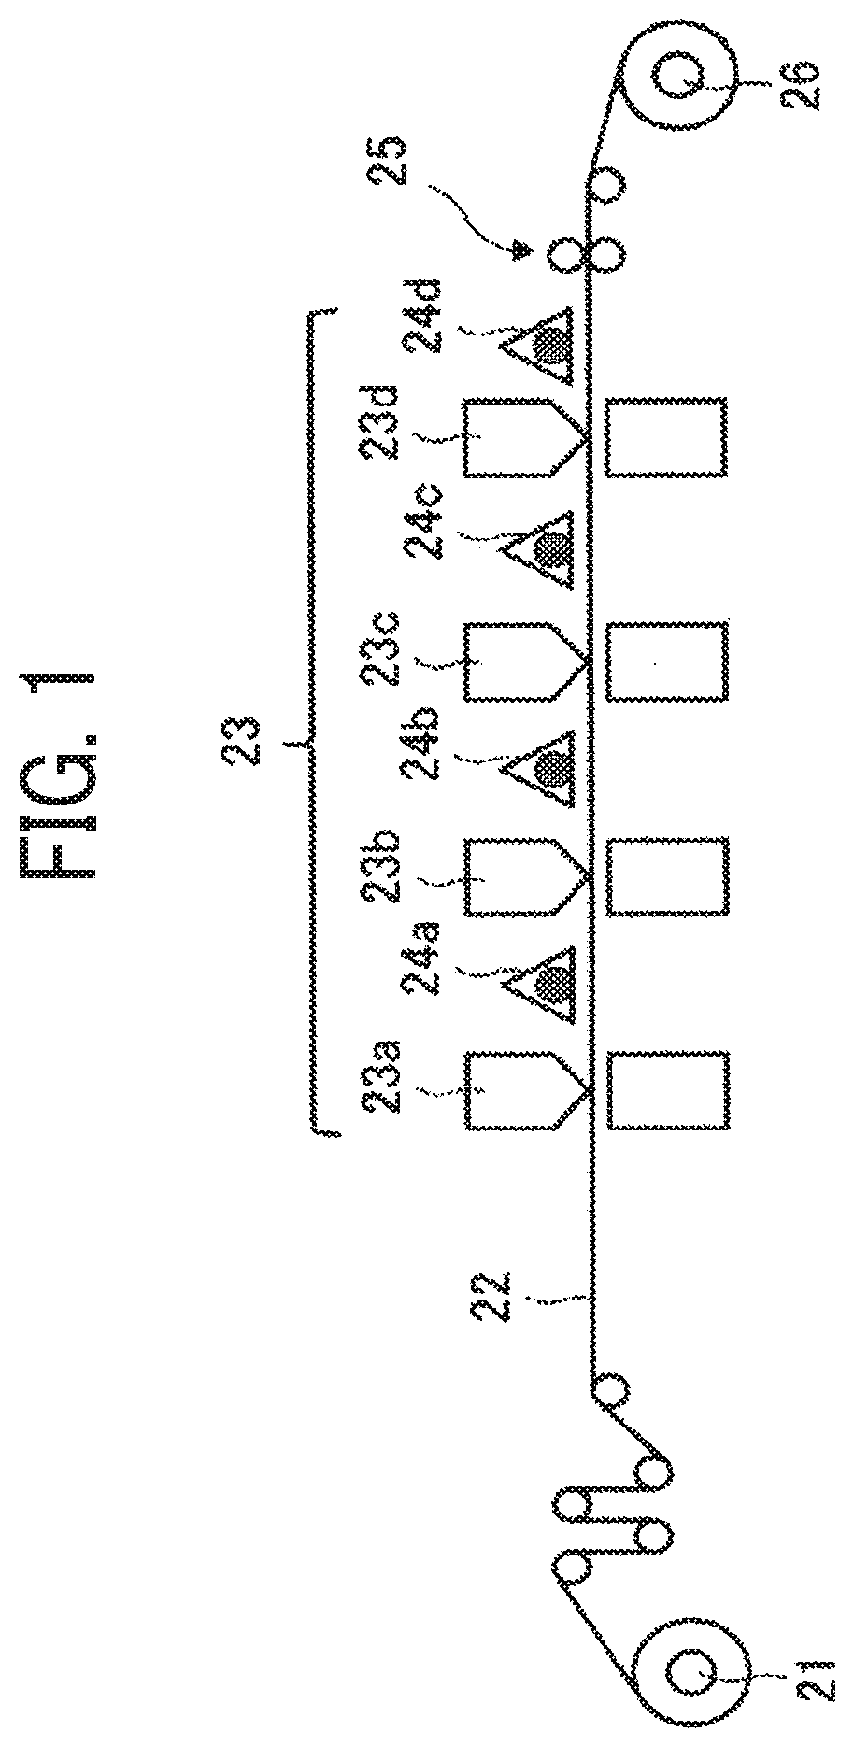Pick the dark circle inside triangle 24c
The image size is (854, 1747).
550,547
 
